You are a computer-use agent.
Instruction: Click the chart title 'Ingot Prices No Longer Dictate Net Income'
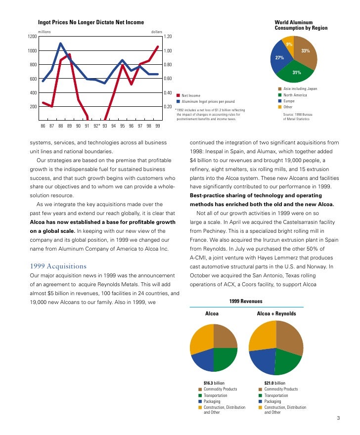(x=91, y=22)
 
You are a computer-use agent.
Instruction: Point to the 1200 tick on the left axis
(x=32, y=37)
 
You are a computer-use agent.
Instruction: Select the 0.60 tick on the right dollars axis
(x=168, y=79)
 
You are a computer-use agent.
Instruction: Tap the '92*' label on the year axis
(x=96, y=126)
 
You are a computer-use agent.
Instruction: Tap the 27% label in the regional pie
(x=279, y=58)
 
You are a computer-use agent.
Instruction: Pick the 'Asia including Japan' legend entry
(x=300, y=88)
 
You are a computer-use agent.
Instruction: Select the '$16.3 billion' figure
(x=216, y=383)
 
